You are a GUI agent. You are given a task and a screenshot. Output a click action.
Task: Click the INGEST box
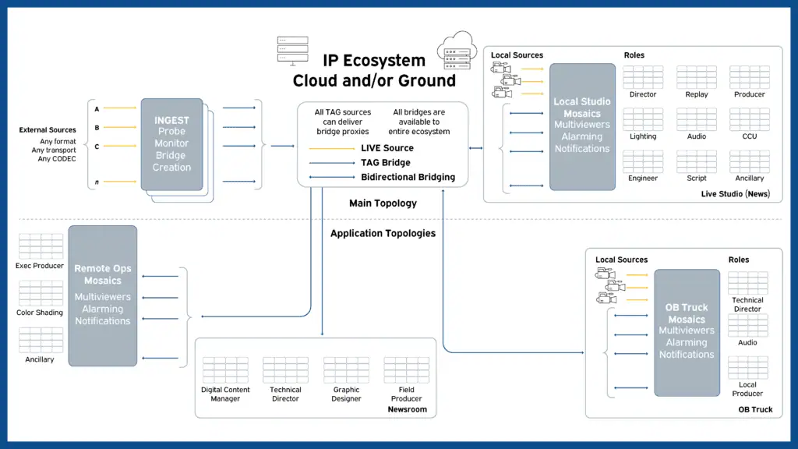pos(171,144)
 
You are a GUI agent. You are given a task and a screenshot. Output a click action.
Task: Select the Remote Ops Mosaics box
pos(102,295)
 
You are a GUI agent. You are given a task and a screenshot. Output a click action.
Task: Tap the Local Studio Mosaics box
pos(582,126)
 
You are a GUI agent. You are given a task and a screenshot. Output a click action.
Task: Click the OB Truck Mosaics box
pos(687,332)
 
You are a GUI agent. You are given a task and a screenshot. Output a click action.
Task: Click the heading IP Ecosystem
pos(374,61)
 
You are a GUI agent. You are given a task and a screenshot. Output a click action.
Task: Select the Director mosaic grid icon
pos(643,77)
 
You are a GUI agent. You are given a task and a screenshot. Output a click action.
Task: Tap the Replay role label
pos(697,95)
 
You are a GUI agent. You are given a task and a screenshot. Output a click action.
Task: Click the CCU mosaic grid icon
pos(749,119)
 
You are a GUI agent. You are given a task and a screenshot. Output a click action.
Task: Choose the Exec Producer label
pos(41,266)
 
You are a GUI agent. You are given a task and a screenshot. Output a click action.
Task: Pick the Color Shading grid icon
pos(41,292)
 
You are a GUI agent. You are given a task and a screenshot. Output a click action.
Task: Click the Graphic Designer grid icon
pos(346,370)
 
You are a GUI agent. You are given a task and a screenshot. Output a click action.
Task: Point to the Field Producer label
pos(406,394)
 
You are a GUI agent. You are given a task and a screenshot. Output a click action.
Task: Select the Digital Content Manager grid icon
pos(225,370)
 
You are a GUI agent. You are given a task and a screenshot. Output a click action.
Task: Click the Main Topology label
pos(383,203)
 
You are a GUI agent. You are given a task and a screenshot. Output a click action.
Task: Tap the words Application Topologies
pos(383,233)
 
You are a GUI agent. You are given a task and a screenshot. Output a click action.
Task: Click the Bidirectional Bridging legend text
pos(408,177)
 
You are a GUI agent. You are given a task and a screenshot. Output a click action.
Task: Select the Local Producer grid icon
pos(747,367)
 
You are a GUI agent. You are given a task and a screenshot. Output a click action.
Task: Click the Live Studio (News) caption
pos(735,193)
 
